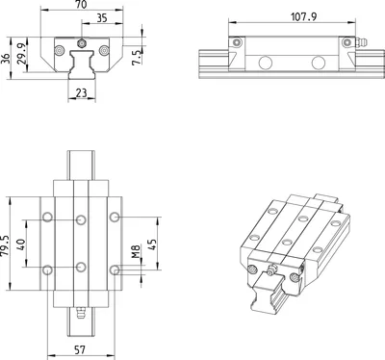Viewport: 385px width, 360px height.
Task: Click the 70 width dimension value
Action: coord(82,4)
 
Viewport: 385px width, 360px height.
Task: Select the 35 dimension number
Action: coord(102,18)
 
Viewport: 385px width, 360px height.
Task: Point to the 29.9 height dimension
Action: coord(22,54)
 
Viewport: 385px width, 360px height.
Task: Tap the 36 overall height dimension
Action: coord(6,59)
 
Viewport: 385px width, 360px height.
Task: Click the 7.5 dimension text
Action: coord(137,57)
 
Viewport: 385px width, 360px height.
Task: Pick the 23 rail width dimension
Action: coord(82,92)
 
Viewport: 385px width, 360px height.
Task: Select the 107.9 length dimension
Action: coord(303,16)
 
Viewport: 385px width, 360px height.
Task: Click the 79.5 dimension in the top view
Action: coord(5,245)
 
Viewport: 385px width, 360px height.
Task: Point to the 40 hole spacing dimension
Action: coord(20,244)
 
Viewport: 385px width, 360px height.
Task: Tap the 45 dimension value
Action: coord(152,244)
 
